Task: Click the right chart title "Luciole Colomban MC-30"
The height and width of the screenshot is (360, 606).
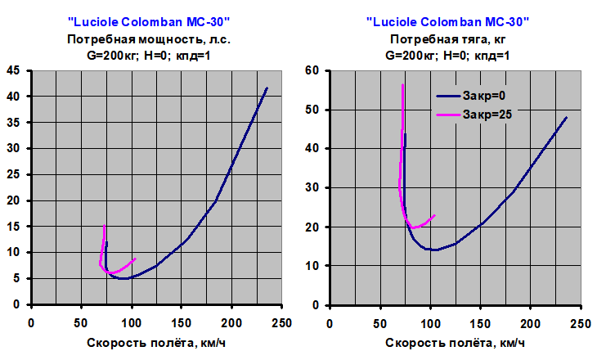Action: tap(447, 22)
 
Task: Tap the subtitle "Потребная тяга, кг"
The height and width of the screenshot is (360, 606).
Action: tap(447, 38)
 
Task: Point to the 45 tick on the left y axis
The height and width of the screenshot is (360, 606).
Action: tap(14, 70)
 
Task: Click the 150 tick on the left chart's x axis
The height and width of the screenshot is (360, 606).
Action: tap(182, 322)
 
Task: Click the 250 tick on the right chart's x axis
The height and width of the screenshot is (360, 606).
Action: tap(581, 322)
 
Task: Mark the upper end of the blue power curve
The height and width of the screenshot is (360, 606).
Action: tap(267, 88)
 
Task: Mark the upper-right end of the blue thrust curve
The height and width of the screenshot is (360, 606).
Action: tap(567, 117)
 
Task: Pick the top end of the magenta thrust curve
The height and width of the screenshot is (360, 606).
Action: tap(403, 84)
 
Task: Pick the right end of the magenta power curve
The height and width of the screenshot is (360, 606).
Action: tap(135, 259)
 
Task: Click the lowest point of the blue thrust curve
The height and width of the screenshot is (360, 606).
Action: tap(433, 250)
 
